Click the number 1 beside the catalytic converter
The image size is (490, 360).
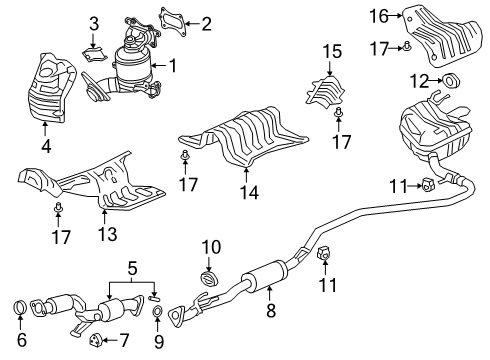(173, 66)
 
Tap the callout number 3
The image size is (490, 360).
(94, 24)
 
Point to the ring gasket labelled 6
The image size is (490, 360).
(21, 308)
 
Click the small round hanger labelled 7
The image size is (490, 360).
(94, 340)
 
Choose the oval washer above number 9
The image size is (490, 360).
(157, 311)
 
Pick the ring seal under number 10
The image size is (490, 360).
(209, 278)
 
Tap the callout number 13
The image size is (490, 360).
(108, 234)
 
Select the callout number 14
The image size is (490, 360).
(249, 192)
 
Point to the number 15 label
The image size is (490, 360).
(332, 52)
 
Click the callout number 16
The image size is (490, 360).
(379, 16)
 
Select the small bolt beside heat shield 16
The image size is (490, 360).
(407, 46)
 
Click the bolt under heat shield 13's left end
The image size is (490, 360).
(58, 207)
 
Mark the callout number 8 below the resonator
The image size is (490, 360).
(271, 310)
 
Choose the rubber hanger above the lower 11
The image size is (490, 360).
(323, 254)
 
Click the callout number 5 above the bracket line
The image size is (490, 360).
(132, 267)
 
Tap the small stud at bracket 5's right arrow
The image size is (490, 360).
(154, 297)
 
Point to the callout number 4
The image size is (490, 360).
(46, 146)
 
